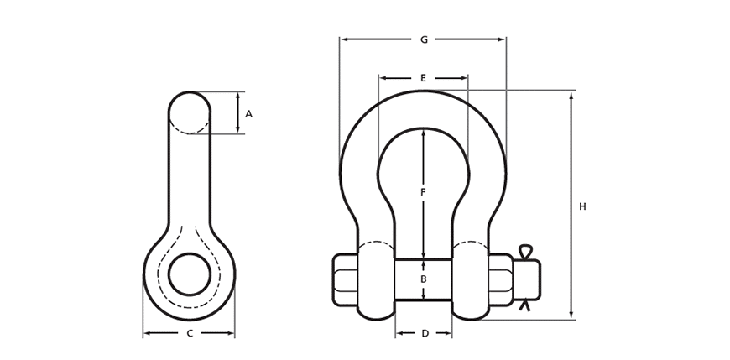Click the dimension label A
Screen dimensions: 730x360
click(x=248, y=113)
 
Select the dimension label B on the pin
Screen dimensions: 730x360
click(x=423, y=279)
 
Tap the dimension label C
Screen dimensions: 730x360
click(x=190, y=333)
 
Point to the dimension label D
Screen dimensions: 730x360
click(x=425, y=333)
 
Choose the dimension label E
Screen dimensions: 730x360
click(x=423, y=78)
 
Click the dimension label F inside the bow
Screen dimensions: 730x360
click(x=423, y=192)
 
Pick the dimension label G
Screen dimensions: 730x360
click(x=424, y=40)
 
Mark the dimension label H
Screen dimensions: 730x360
click(x=582, y=206)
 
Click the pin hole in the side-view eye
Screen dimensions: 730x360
click(x=190, y=274)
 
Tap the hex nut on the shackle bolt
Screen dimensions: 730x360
click(x=501, y=279)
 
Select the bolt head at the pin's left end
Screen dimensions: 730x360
click(x=345, y=279)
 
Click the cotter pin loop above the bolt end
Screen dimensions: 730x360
click(x=524, y=252)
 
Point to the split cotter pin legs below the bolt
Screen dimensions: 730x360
click(x=524, y=305)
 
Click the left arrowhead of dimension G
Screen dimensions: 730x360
click(x=344, y=40)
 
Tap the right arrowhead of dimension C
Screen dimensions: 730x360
click(x=231, y=333)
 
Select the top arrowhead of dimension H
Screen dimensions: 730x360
click(x=571, y=96)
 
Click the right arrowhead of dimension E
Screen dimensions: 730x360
click(x=464, y=78)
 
